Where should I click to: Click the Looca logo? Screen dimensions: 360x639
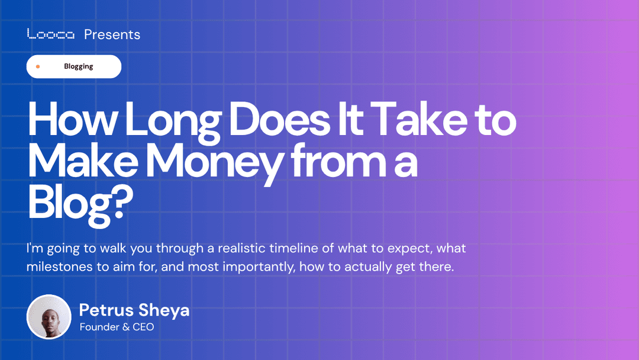(51, 34)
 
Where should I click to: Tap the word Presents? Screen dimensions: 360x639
(112, 34)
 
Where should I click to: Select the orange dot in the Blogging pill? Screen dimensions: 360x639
(38, 66)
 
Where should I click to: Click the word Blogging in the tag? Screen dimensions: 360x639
(79, 66)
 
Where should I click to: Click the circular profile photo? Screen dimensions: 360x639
(49, 317)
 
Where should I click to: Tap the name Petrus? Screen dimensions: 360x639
(106, 310)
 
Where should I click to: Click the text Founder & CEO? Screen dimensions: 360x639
(117, 327)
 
